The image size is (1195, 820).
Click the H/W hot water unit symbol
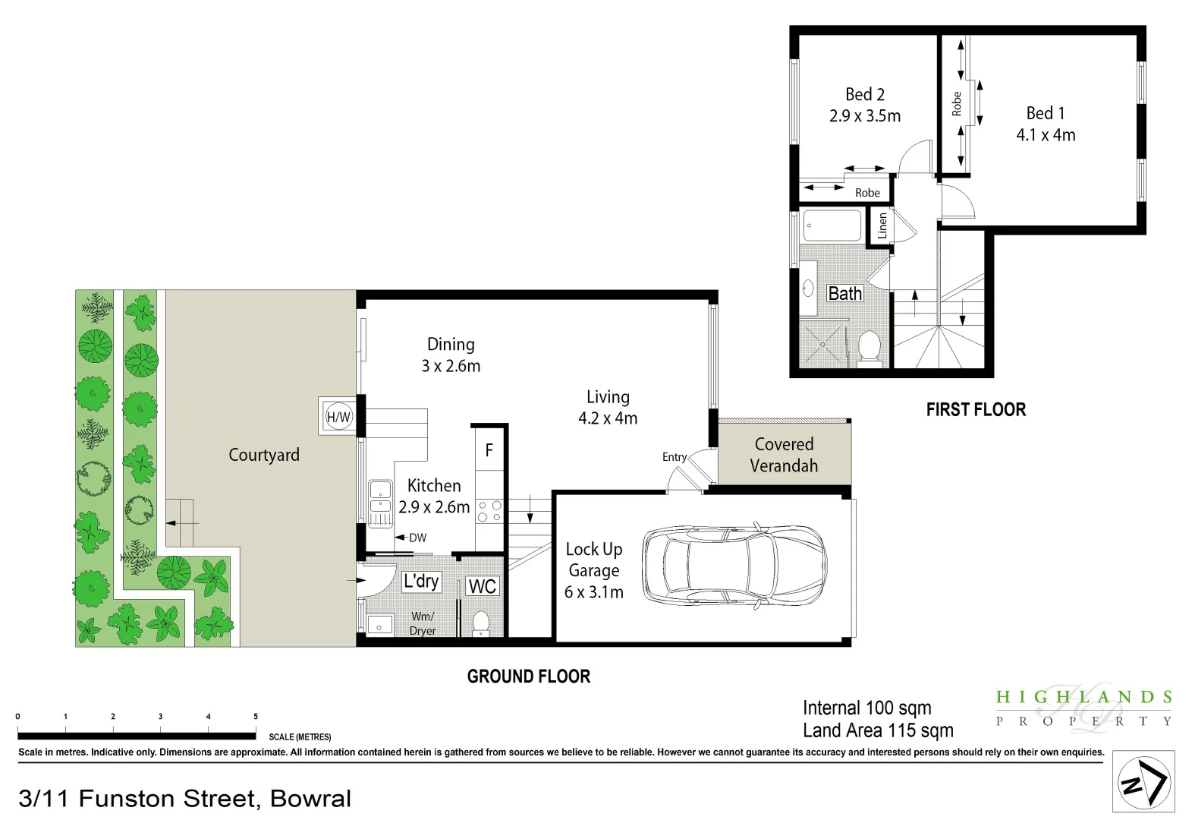(338, 417)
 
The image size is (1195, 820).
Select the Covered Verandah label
(784, 455)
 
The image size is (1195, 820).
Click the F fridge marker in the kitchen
(489, 450)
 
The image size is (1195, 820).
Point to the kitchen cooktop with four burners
(489, 511)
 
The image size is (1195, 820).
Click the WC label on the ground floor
(483, 586)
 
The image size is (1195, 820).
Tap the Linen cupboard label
(882, 225)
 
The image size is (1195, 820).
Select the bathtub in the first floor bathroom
(832, 225)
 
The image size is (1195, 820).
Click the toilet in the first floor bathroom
(869, 346)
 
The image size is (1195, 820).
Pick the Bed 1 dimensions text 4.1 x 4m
(1046, 135)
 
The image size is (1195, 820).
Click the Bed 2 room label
(865, 95)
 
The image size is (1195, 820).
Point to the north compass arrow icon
(1143, 782)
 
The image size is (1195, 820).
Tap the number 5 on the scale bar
(256, 716)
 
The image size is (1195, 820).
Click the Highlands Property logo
(1083, 708)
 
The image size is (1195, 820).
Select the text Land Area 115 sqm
(878, 730)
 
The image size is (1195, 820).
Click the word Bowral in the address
(310, 799)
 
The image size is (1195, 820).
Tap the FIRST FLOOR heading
(976, 410)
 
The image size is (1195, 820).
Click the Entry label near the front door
(674, 457)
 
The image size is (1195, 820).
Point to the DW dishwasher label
(417, 538)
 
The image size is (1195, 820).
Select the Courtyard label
(264, 455)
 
